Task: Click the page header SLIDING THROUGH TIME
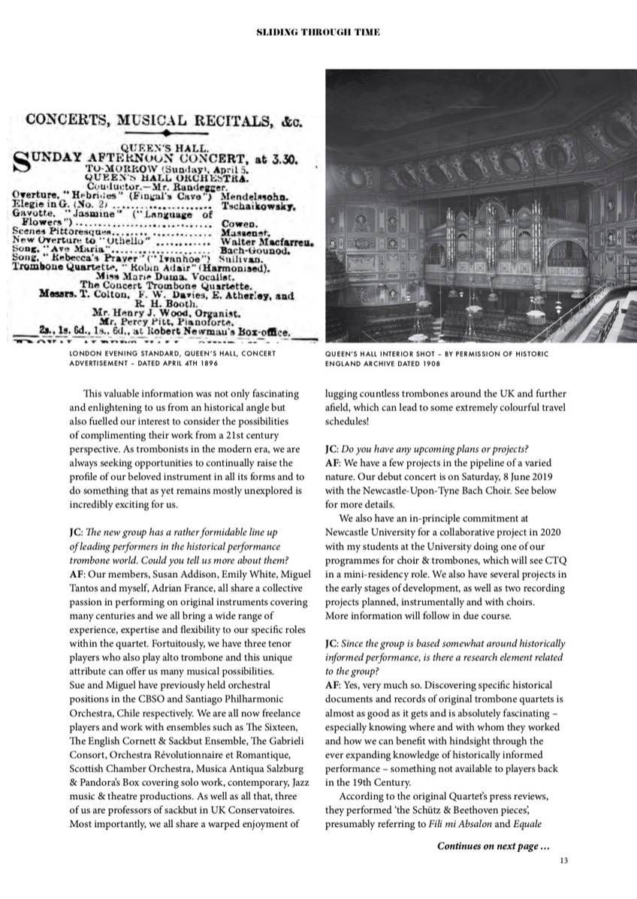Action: [318, 32]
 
